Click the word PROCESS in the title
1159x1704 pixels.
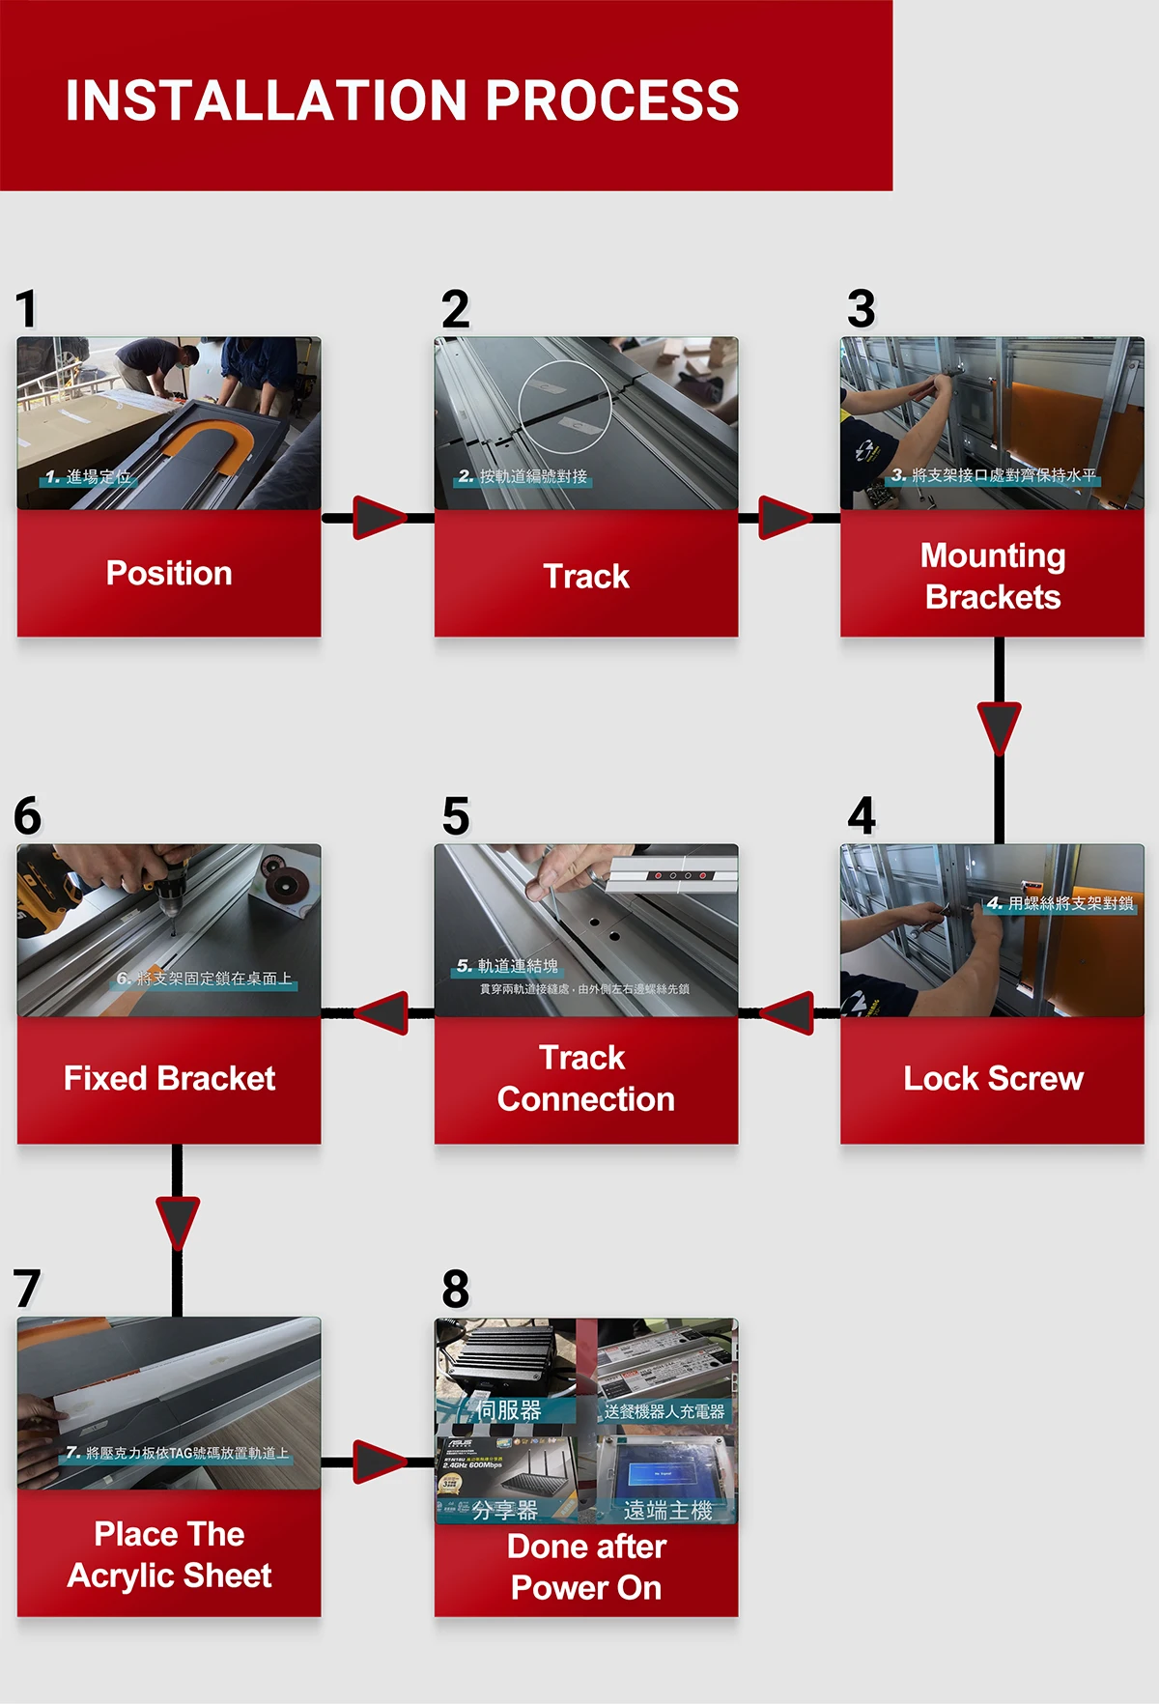coord(611,100)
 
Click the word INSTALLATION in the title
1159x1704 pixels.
coord(267,100)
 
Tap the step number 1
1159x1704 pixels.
coord(26,309)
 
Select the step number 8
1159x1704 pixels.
coord(456,1290)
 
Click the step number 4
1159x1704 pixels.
coord(862,816)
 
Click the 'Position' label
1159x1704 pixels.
coord(169,574)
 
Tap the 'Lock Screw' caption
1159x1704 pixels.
coord(993,1079)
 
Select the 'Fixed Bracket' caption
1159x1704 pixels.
coord(169,1079)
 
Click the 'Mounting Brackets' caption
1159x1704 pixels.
coord(993,577)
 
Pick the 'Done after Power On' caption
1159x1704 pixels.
coord(586,1568)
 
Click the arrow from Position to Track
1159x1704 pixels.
coord(379,518)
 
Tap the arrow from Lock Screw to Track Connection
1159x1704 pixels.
coord(788,1012)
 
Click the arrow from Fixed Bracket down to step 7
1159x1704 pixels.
coord(178,1223)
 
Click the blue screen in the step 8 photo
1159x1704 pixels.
coord(663,1474)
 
